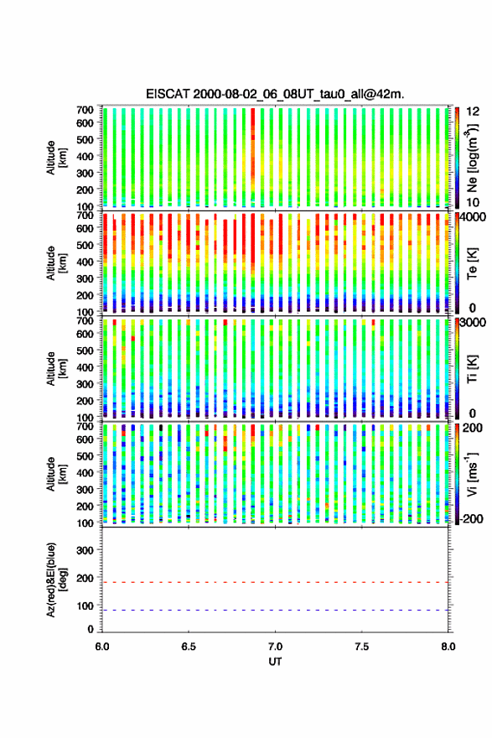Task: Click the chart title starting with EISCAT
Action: (275, 94)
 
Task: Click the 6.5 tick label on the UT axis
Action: (189, 647)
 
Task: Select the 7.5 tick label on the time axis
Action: (362, 647)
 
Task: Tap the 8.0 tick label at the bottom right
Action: (448, 647)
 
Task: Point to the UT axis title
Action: (275, 662)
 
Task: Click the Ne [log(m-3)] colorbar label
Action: (473, 158)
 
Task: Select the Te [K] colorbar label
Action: (472, 263)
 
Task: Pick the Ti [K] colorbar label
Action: (472, 368)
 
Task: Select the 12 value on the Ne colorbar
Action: (472, 112)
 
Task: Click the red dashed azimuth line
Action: (275, 582)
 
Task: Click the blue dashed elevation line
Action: (275, 611)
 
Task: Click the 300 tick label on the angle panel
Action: (85, 550)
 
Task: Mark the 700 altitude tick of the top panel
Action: (85, 109)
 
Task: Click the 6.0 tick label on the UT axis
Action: (102, 647)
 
